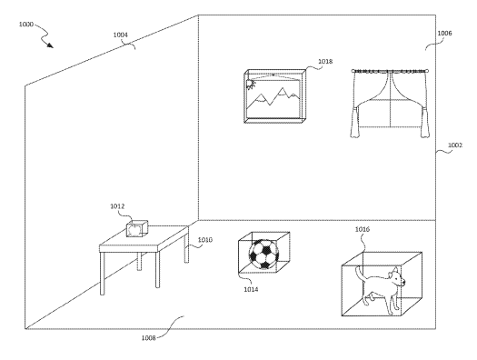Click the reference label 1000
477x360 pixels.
[x=25, y=24]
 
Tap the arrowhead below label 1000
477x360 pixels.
[x=50, y=45]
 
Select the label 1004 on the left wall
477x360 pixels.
[x=121, y=35]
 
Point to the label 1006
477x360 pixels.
[x=445, y=33]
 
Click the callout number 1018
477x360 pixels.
[x=325, y=62]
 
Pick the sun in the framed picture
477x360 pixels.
[x=251, y=85]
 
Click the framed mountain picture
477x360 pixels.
[x=274, y=96]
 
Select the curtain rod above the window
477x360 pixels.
[x=391, y=72]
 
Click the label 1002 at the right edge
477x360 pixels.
[x=455, y=145]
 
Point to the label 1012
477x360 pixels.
[x=117, y=206]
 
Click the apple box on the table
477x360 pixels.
[x=137, y=229]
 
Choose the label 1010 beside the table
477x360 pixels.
[x=205, y=240]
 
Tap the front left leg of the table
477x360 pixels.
[x=103, y=273]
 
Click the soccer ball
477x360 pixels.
[x=263, y=255]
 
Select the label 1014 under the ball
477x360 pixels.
[x=251, y=289]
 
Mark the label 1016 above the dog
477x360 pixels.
[x=363, y=229]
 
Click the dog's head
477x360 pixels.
[x=397, y=278]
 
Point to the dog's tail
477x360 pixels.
[x=360, y=274]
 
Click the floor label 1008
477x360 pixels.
[x=149, y=338]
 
